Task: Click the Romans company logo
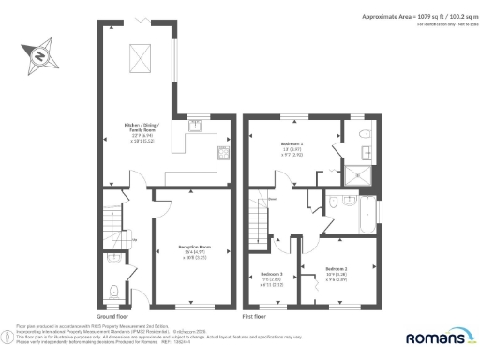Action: coord(438,337)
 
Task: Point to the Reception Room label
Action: coord(194,249)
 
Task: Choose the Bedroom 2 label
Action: coord(337,271)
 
